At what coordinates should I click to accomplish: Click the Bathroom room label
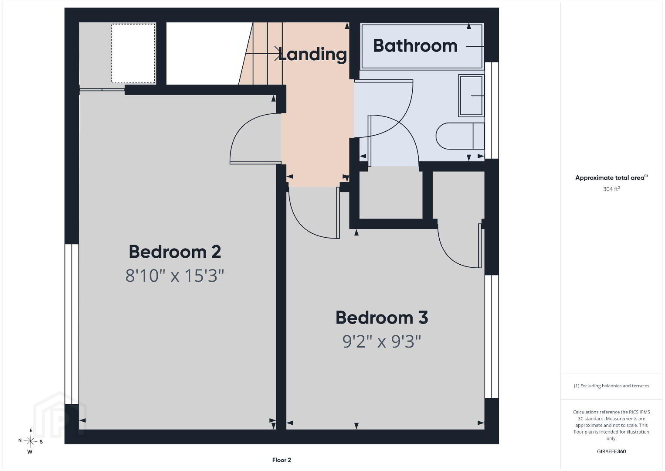pos(415,46)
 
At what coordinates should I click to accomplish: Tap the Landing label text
pos(312,55)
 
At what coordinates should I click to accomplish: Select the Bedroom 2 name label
pos(175,252)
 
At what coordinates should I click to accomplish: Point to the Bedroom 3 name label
pos(382,317)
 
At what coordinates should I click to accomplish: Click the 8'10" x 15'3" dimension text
pos(175,276)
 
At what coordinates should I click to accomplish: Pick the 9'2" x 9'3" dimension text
pos(382,341)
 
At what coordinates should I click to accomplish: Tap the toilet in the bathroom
pos(460,136)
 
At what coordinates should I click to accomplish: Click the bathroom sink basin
pos(471,96)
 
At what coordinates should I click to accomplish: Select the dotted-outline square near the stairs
pos(133,53)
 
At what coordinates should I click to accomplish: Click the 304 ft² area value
pos(611,189)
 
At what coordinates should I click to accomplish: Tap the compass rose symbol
pos(30,441)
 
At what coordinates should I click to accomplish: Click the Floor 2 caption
pos(282,460)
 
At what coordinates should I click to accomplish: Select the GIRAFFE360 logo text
pos(611,451)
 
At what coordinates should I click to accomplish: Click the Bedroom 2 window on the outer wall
pos(72,324)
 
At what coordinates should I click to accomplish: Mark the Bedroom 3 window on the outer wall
pos(492,336)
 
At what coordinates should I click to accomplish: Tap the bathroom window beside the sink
pos(492,110)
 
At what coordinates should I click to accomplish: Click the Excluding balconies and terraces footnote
pos(611,386)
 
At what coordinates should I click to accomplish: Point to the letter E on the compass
pos(31,430)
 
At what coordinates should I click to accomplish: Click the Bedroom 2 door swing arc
pos(237,131)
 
